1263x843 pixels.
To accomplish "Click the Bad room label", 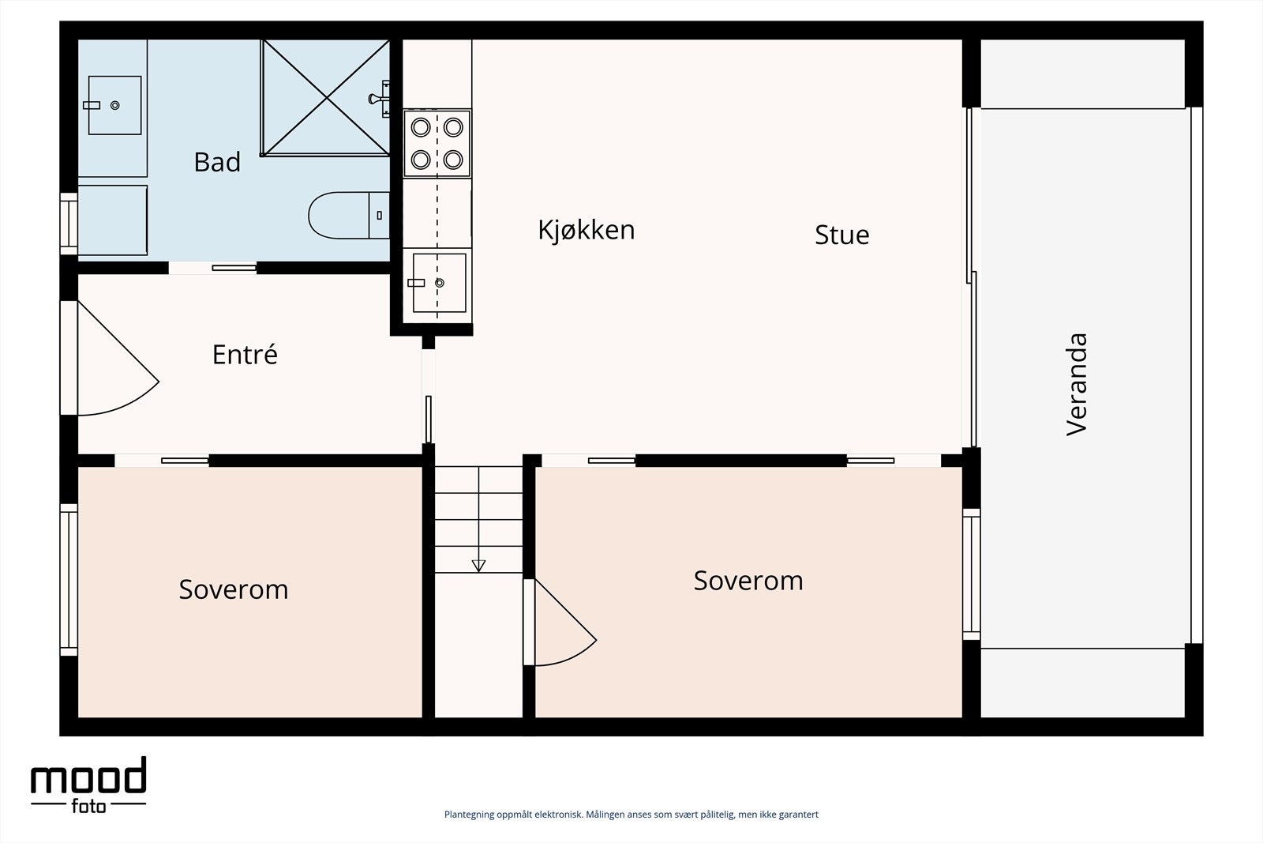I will [217, 162].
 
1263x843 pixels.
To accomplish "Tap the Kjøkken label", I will [586, 230].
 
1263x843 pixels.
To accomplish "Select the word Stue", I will [841, 235].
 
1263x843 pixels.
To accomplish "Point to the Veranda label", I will [1077, 384].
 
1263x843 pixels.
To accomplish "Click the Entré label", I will [245, 355].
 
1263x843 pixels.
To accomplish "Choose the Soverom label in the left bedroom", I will [234, 589].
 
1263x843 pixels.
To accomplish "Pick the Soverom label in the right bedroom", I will [748, 581].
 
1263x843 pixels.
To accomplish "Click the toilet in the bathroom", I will [347, 215].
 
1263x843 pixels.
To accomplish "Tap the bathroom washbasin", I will [114, 105].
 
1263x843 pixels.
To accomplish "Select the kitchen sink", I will [438, 283].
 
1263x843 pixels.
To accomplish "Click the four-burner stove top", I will [437, 143].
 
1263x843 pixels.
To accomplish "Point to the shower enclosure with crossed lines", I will [326, 97].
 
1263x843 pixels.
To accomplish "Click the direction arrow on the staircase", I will [478, 565].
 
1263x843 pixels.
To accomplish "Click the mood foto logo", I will [88, 784].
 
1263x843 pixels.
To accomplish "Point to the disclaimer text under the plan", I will [631, 815].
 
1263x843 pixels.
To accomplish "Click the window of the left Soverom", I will [69, 580].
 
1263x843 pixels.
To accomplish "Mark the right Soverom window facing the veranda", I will [971, 574].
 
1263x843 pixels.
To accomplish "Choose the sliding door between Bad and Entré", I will [213, 268].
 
